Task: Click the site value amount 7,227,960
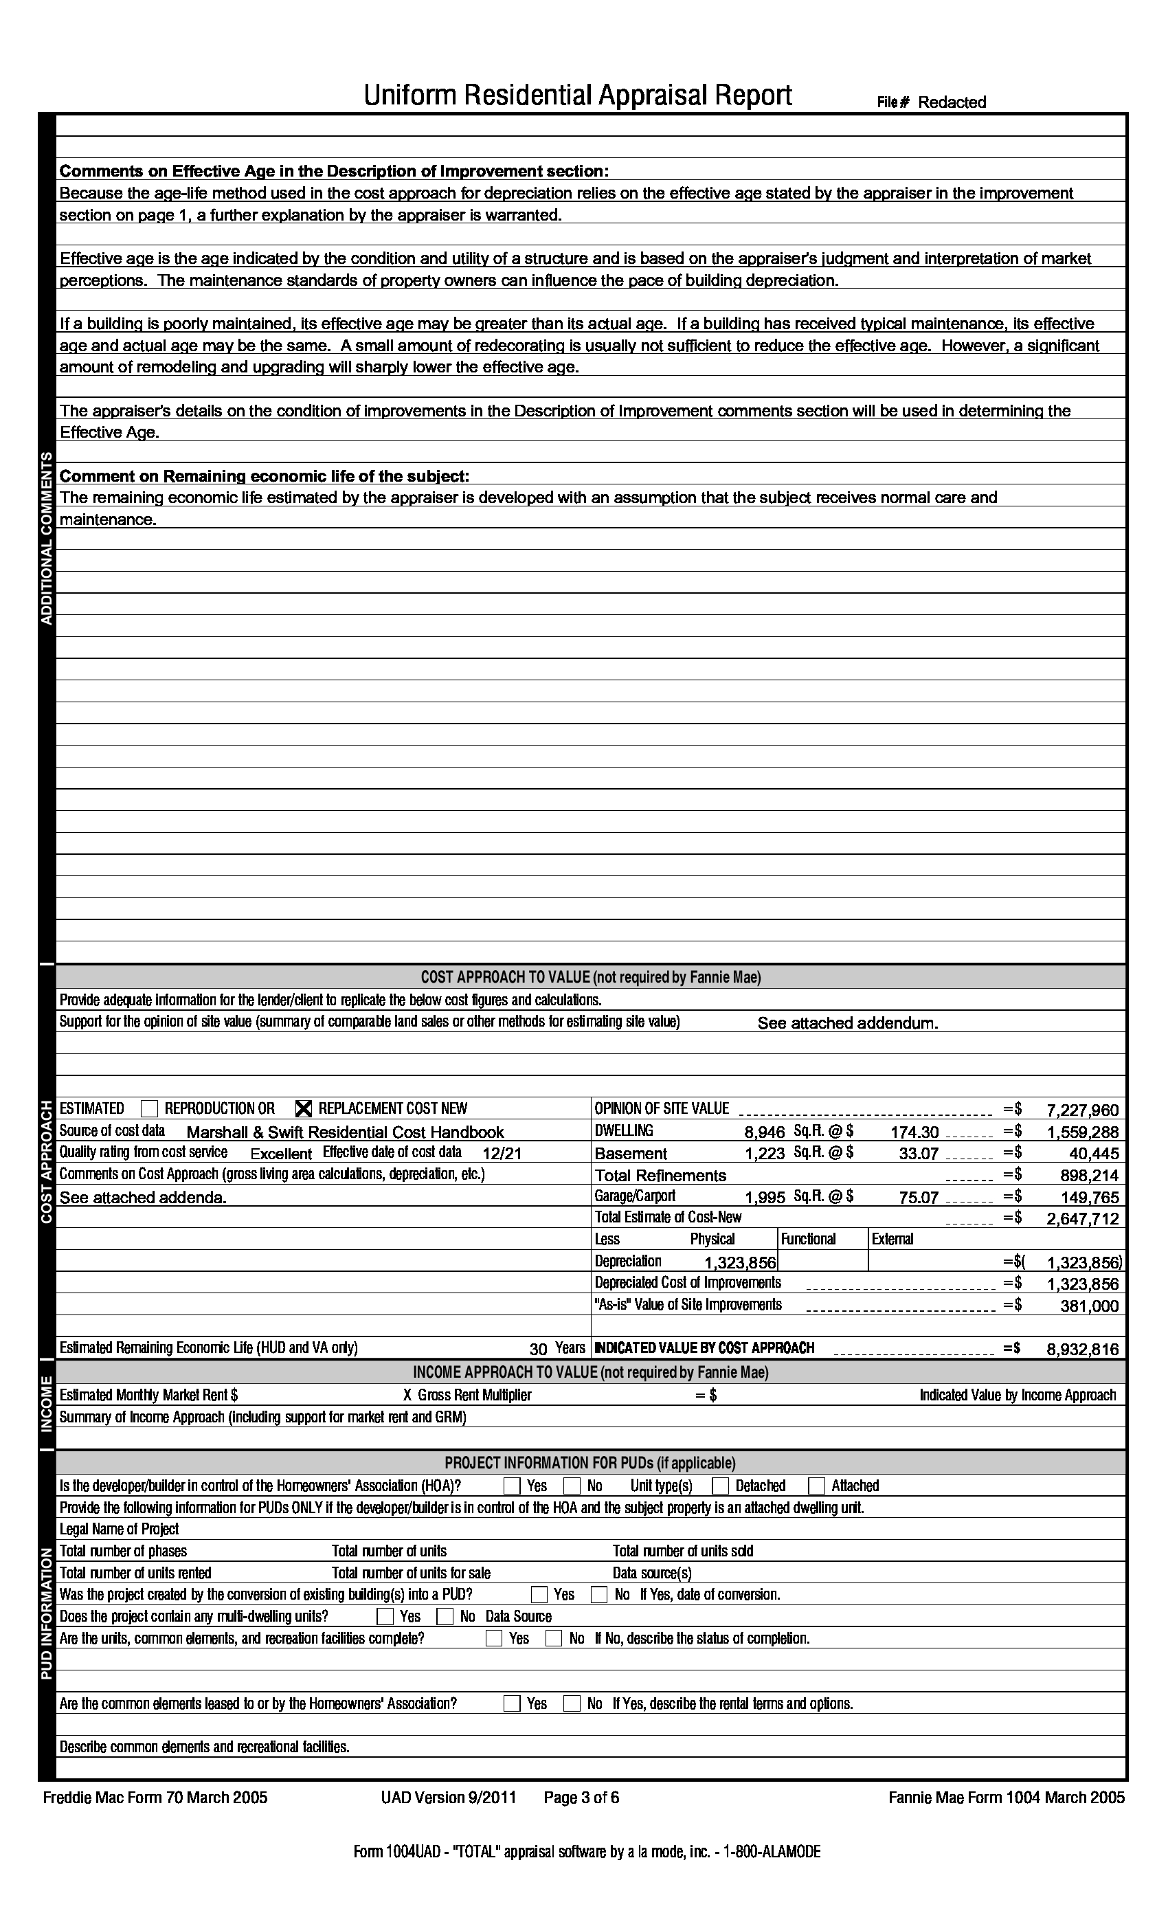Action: point(1082,1110)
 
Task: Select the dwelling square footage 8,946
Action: point(764,1132)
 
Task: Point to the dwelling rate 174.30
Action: point(914,1132)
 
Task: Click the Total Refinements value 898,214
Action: point(1089,1175)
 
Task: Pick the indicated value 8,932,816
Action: point(1082,1348)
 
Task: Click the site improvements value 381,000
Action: point(1089,1306)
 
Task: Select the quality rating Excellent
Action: point(281,1153)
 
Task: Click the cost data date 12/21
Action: point(502,1153)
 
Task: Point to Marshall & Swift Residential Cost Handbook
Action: point(345,1132)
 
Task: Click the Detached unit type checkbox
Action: point(721,1486)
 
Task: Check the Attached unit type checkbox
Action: point(817,1486)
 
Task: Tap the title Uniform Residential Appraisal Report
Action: point(578,96)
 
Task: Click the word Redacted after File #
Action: point(952,102)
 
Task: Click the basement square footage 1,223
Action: point(764,1153)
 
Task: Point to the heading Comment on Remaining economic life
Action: point(265,476)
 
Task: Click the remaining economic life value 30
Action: point(538,1348)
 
